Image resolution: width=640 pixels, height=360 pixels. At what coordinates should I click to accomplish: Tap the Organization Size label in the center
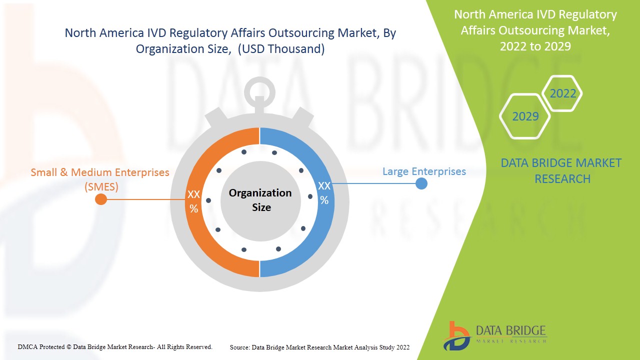pos(260,199)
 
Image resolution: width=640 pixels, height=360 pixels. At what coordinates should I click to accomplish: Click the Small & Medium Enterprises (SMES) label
pos(100,179)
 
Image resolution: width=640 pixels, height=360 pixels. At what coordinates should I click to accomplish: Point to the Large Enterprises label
pos(424,171)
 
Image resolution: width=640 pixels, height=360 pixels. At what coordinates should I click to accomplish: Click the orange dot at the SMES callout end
pos(100,199)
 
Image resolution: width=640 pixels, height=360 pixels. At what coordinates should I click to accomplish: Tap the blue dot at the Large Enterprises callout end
pos(421,183)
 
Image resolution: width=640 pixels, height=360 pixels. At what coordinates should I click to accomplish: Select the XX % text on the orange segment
pos(193,201)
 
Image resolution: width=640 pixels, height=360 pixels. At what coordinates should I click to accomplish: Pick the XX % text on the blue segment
pos(324,193)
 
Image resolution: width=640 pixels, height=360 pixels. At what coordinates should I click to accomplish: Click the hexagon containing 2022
pos(562,93)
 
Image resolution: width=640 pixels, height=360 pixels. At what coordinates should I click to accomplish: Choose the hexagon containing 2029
pos(525,116)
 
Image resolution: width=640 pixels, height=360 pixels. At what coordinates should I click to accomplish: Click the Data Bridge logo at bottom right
pos(494,335)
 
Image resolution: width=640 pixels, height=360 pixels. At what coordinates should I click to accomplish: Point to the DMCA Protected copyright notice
pos(115,346)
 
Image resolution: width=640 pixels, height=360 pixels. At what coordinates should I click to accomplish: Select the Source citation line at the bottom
pos(319,347)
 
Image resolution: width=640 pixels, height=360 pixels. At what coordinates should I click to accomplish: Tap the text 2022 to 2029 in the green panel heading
pos(535,46)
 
